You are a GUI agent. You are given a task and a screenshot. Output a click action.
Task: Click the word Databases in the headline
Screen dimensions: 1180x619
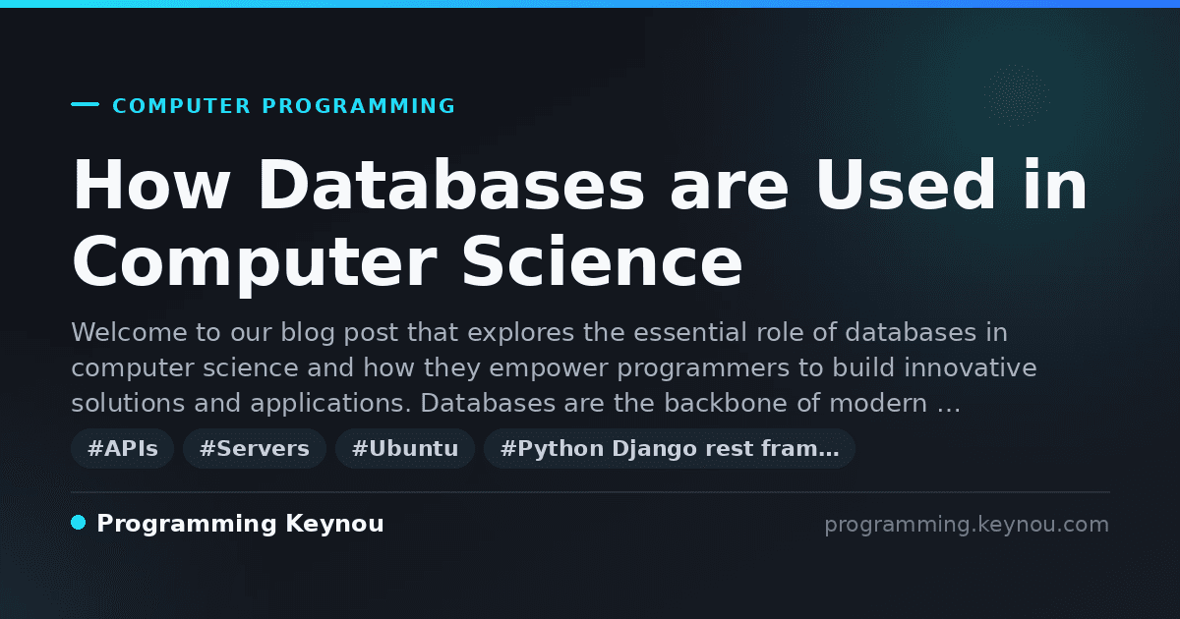(451, 185)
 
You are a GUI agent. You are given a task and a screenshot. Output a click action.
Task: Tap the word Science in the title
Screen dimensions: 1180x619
(602, 261)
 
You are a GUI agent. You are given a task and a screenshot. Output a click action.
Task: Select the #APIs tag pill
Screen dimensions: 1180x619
(122, 448)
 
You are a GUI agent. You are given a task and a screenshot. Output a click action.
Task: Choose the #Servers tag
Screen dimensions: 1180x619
(255, 448)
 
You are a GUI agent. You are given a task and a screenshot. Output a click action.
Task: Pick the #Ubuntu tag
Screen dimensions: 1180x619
(405, 448)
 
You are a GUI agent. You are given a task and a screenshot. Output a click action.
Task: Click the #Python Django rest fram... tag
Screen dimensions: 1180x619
(669, 448)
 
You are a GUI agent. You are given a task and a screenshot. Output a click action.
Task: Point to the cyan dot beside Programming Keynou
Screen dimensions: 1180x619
(78, 523)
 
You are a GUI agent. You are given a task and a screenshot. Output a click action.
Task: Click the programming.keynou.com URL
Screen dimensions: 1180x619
(967, 525)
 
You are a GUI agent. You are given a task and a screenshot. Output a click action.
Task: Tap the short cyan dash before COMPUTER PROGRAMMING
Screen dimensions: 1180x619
(85, 104)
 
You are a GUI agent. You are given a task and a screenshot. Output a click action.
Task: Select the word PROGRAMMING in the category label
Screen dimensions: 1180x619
(358, 106)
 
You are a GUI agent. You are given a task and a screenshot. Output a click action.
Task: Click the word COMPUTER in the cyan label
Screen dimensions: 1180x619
(181, 106)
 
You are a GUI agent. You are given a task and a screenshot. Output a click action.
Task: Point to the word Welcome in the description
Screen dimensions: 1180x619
(129, 333)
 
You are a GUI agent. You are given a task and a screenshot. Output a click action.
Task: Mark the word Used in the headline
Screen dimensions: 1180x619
(906, 185)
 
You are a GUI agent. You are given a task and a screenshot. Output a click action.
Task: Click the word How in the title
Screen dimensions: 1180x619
(151, 185)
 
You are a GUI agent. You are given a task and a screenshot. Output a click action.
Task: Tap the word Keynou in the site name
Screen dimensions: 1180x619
(334, 524)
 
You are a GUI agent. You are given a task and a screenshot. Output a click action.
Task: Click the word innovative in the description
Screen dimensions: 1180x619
(971, 367)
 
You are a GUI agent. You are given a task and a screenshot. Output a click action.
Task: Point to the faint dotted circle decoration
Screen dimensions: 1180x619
(1016, 95)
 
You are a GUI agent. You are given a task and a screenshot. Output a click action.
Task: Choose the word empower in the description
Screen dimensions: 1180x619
(549, 368)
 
